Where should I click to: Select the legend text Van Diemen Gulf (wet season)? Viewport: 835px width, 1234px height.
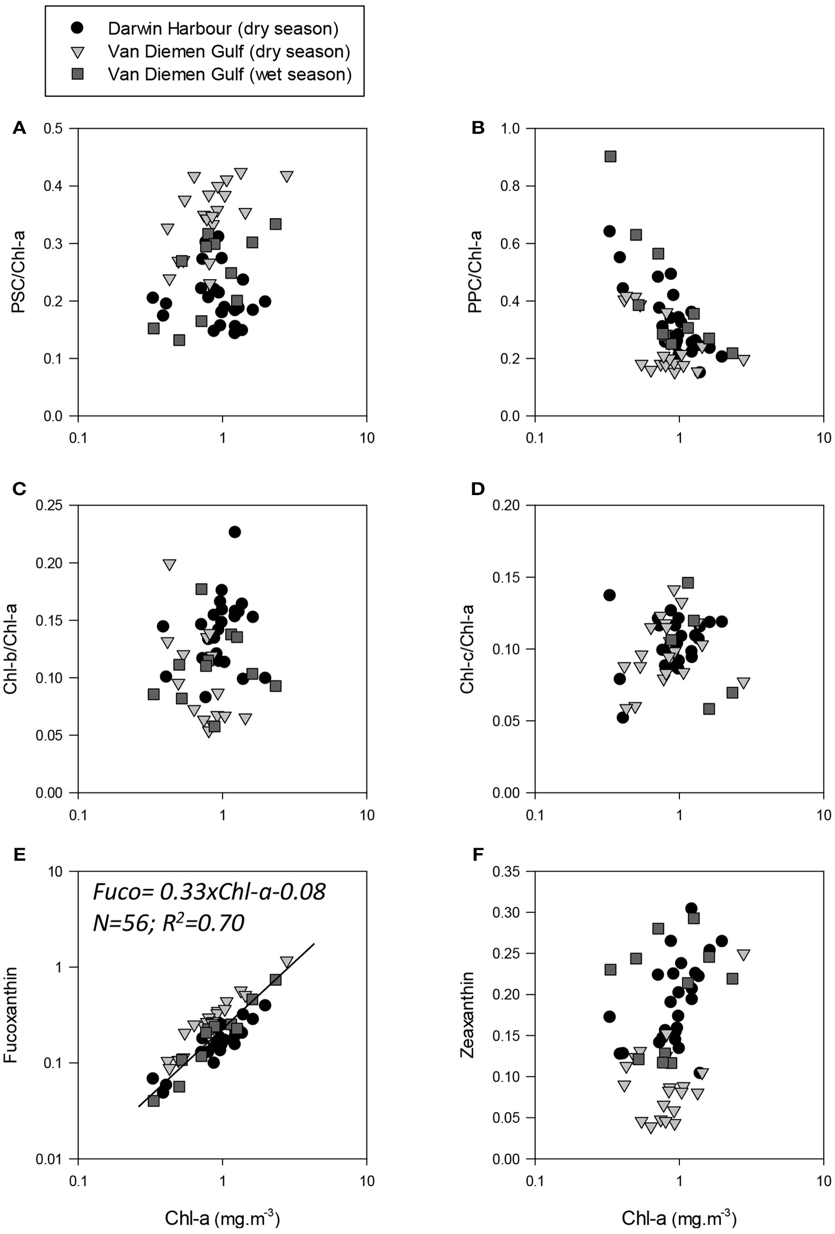pyautogui.click(x=230, y=74)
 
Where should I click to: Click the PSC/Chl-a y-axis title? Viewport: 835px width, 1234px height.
pyautogui.click(x=19, y=273)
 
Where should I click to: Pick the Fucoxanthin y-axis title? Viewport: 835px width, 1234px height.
pyautogui.click(x=12, y=1015)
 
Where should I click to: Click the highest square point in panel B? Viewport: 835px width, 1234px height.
pyautogui.click(x=610, y=157)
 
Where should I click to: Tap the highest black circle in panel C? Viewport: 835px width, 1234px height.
pyautogui.click(x=234, y=532)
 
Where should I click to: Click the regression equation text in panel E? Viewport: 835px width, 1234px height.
pyautogui.click(x=209, y=892)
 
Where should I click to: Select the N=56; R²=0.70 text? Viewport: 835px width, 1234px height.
pyautogui.click(x=169, y=923)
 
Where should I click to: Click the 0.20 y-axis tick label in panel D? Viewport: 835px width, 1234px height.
pyautogui.click(x=505, y=505)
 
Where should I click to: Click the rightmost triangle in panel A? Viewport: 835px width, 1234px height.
pyautogui.click(x=287, y=177)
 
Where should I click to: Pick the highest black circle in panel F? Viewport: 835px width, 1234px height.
pyautogui.click(x=691, y=909)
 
